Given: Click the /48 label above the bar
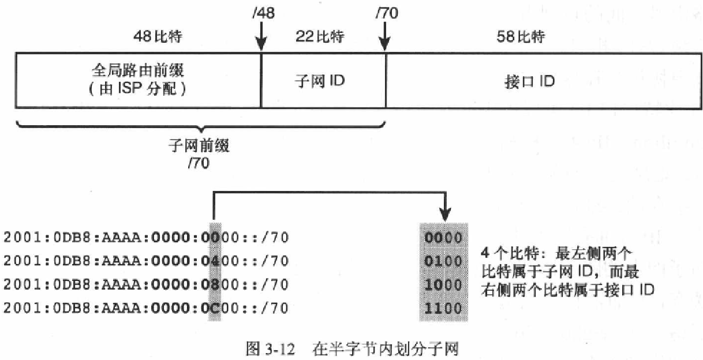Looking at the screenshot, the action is tap(263, 13).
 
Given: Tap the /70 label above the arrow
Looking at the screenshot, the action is tap(386, 13).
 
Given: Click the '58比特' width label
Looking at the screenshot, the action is tap(521, 37).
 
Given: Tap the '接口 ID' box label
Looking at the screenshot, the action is tap(529, 81).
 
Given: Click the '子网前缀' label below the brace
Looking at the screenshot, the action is tap(199, 146).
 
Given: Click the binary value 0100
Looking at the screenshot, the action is tap(443, 261).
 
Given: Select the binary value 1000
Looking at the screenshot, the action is tap(443, 284).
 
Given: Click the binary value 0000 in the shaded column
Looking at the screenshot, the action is tap(443, 237).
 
